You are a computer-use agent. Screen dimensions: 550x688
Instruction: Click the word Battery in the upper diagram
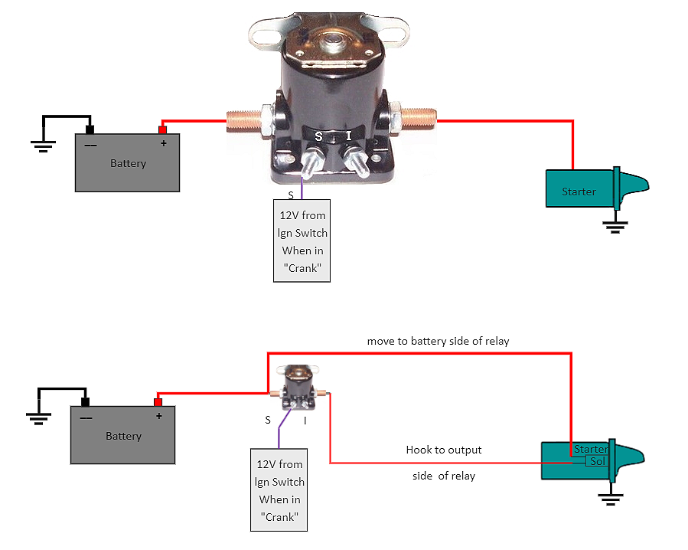click(x=128, y=163)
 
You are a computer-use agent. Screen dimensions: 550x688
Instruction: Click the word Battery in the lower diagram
click(x=123, y=436)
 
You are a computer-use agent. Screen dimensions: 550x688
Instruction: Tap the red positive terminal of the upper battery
click(x=161, y=129)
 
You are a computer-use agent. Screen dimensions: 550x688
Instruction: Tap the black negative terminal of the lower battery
click(x=86, y=401)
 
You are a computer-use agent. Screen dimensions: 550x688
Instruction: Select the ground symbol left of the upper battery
click(x=42, y=145)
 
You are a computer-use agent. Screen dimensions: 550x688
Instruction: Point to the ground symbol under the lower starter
click(x=609, y=499)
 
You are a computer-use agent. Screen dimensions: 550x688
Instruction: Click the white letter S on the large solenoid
click(x=319, y=136)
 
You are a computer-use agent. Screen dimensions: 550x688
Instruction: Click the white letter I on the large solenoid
click(x=348, y=136)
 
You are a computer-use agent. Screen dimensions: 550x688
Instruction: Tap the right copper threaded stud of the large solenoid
click(x=417, y=119)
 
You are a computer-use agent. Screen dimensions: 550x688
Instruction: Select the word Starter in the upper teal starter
click(x=579, y=192)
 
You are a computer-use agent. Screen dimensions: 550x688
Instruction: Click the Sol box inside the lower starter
click(x=597, y=461)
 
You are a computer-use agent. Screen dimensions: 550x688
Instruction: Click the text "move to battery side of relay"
click(x=438, y=341)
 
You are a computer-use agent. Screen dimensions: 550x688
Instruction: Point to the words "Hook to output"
click(x=444, y=450)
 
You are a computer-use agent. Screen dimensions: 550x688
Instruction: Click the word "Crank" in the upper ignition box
click(x=302, y=268)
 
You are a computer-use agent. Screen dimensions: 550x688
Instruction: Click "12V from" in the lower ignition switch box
click(x=279, y=464)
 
